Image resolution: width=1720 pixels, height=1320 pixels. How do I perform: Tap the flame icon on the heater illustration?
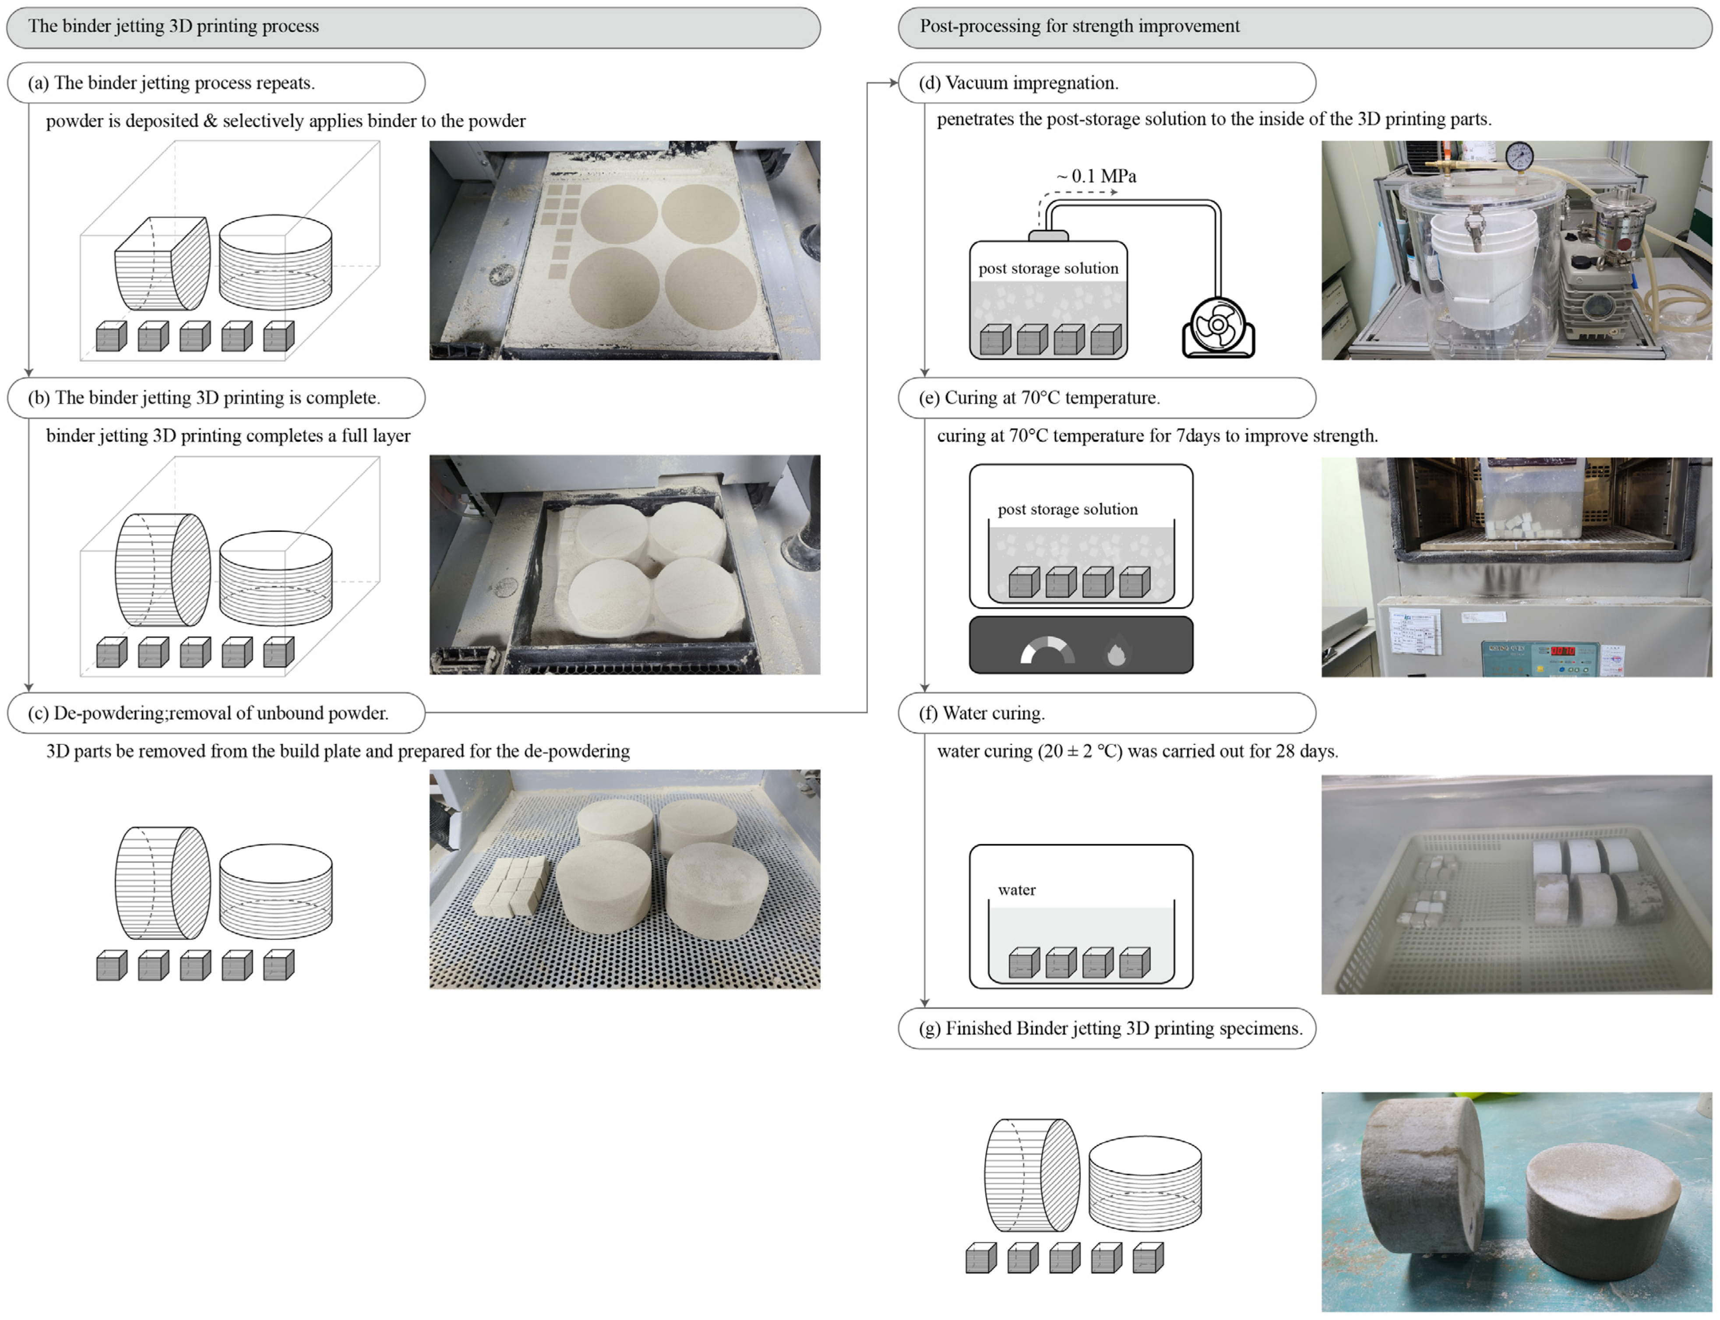[x=1116, y=653]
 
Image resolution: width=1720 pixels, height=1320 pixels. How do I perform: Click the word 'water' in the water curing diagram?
[x=1017, y=890]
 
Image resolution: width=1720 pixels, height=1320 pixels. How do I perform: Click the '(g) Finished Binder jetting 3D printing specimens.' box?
[x=1107, y=1028]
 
